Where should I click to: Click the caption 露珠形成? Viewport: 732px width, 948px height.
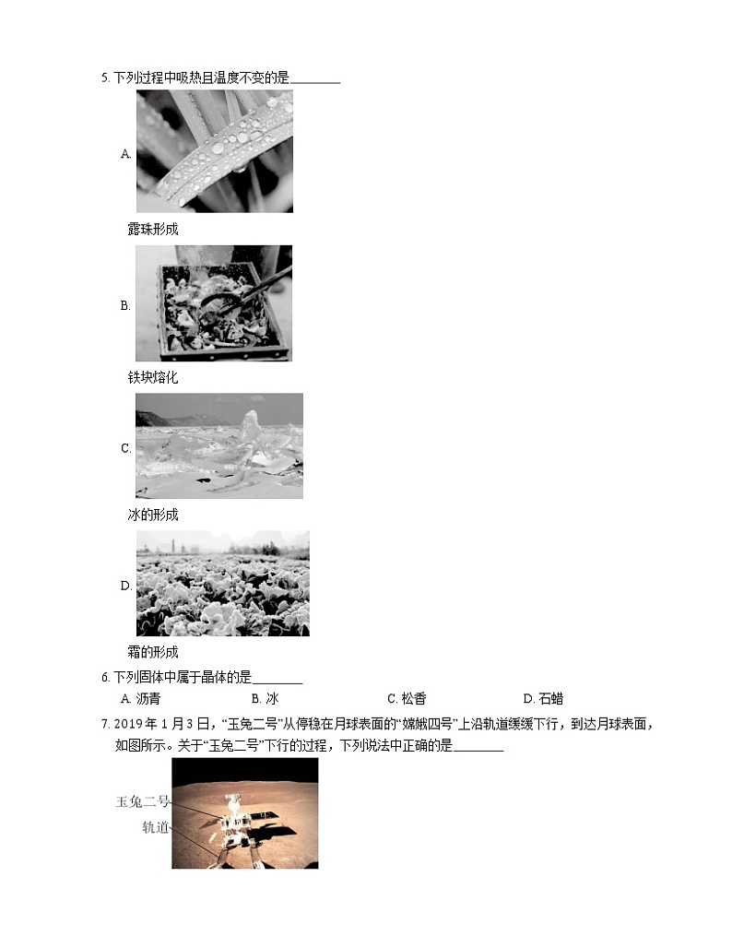tap(152, 229)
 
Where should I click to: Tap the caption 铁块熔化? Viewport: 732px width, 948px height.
tap(152, 377)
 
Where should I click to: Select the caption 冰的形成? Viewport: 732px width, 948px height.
tap(152, 515)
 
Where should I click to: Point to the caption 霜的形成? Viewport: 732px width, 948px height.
tap(152, 652)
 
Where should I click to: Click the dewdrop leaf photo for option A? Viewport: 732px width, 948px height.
tap(214, 151)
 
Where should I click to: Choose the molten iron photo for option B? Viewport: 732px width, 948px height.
tap(214, 303)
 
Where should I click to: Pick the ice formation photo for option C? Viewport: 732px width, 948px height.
tap(218, 446)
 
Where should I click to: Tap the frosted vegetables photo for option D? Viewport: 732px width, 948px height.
tap(222, 583)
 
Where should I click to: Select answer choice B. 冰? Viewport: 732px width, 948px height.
tap(265, 699)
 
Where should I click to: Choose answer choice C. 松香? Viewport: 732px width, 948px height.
tap(407, 699)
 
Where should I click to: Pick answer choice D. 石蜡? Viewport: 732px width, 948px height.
tap(542, 699)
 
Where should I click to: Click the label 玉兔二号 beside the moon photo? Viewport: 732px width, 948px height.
tap(142, 801)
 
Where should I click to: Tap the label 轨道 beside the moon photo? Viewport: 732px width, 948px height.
tap(155, 827)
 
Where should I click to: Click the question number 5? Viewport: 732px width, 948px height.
tap(104, 79)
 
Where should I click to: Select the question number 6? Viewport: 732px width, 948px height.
tap(104, 677)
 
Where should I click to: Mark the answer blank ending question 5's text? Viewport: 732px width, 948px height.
tap(316, 80)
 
